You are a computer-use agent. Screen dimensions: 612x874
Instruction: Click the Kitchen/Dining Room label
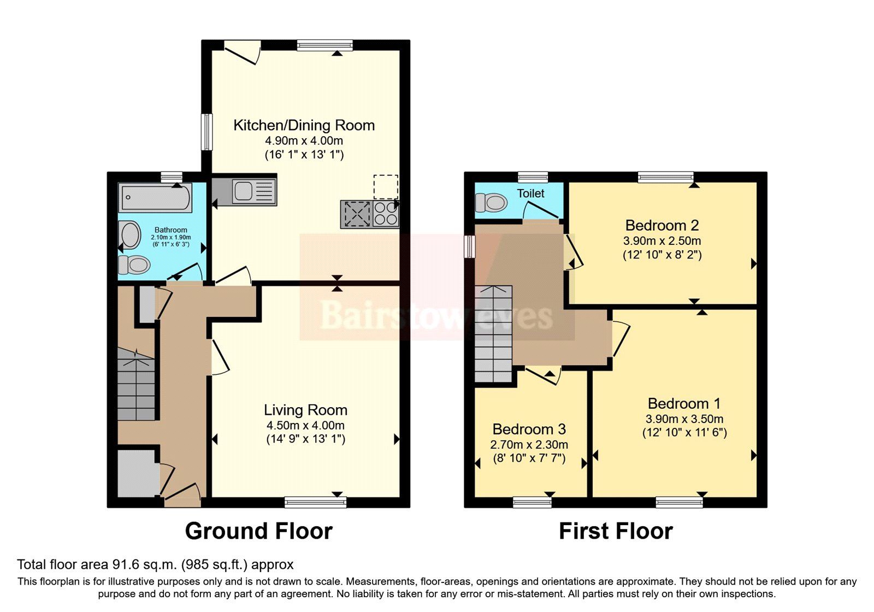point(304,125)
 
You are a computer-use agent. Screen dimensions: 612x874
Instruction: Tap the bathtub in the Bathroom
point(155,197)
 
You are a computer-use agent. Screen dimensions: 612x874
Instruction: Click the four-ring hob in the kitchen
point(386,214)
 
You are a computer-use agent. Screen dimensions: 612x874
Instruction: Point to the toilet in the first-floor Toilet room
point(491,203)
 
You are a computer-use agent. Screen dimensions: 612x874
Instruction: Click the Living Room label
point(305,410)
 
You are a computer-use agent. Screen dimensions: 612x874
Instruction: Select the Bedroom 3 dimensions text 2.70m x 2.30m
point(529,444)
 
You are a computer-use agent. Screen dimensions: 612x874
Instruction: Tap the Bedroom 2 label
point(662,225)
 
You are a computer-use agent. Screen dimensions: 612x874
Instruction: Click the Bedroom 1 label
point(684,403)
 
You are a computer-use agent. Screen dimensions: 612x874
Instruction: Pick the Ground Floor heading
point(258,531)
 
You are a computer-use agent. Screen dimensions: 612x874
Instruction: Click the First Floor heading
point(616,531)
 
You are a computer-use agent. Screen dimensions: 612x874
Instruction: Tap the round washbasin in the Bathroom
point(130,235)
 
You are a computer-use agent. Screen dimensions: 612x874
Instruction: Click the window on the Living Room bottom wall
point(315,502)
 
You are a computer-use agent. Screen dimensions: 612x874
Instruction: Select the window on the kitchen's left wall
point(206,132)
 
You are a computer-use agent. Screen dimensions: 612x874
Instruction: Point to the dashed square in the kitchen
point(386,187)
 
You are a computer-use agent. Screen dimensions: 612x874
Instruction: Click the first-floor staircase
point(493,333)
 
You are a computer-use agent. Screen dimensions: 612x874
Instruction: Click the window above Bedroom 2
point(666,176)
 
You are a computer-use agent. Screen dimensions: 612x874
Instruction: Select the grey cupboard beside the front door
point(137,472)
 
